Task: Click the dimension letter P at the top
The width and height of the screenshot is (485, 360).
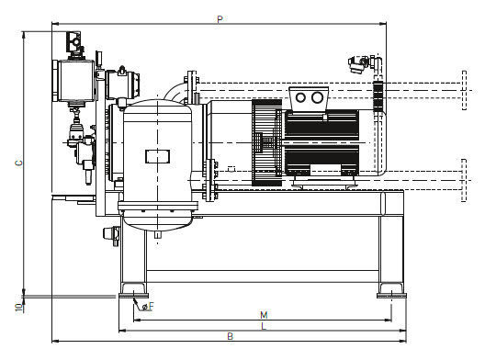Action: (220, 19)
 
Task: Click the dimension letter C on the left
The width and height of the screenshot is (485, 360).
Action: (19, 163)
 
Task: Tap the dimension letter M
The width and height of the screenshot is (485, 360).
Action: (264, 315)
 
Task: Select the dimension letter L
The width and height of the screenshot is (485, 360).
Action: (264, 326)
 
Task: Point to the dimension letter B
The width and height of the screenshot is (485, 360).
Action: (231, 336)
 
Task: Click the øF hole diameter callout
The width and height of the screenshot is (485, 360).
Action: (148, 307)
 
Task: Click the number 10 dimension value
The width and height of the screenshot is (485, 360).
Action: (19, 308)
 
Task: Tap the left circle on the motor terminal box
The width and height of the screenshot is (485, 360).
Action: (300, 97)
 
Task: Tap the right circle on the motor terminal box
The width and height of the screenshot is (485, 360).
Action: (317, 97)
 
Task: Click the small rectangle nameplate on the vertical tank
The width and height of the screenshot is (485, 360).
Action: (157, 156)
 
